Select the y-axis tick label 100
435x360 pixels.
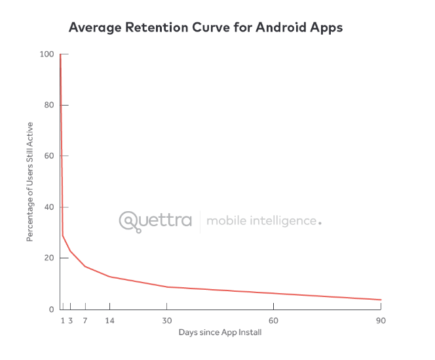click(x=46, y=54)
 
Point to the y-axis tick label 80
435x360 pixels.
click(x=48, y=105)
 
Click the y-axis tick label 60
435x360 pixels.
click(x=48, y=156)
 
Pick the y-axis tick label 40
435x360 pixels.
click(x=48, y=207)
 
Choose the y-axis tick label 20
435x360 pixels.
click(x=48, y=258)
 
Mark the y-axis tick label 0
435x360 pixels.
click(x=50, y=310)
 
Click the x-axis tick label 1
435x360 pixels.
click(x=63, y=321)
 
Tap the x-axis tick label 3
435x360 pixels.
click(x=70, y=321)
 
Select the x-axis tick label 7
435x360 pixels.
click(x=85, y=321)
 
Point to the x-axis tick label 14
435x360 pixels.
click(x=109, y=321)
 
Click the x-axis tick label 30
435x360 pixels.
click(x=167, y=321)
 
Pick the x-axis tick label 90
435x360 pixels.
click(x=379, y=321)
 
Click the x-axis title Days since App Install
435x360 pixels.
click(x=220, y=332)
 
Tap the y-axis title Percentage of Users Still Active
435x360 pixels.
click(x=30, y=182)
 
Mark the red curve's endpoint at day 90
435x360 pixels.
click(x=381, y=300)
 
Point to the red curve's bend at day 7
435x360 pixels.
click(x=85, y=266)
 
